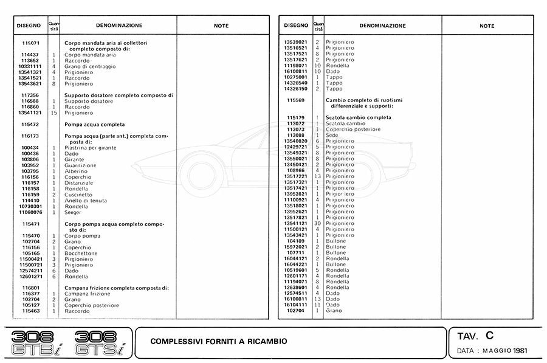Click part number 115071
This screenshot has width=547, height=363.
[30, 43]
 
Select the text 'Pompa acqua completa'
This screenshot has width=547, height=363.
[94, 125]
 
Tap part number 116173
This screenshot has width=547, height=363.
[30, 136]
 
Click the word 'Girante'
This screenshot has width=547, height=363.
[74, 159]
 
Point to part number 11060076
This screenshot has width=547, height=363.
[30, 212]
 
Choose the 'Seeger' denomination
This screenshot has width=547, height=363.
[73, 212]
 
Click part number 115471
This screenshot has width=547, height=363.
[30, 224]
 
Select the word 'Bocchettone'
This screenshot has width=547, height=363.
[81, 253]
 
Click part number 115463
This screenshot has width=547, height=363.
[30, 311]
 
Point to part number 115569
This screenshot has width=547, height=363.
[295, 100]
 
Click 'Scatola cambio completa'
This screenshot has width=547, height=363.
[359, 117]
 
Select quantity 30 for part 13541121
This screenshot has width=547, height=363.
[317, 223]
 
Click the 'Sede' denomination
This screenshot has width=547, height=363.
[332, 135]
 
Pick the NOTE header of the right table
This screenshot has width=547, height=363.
[487, 26]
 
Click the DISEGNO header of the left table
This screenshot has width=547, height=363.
[28, 26]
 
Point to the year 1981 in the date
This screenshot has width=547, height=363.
[520, 351]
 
